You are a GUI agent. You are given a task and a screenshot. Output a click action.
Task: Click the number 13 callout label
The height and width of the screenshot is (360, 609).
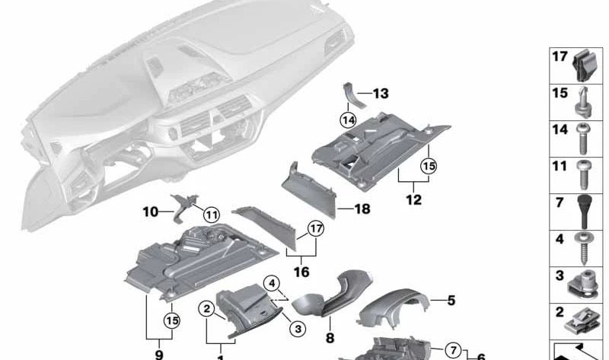point(380,94)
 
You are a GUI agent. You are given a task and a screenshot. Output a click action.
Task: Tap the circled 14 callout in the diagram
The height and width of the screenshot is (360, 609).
point(348,119)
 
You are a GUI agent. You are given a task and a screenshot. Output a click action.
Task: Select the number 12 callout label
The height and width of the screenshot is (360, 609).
point(413,201)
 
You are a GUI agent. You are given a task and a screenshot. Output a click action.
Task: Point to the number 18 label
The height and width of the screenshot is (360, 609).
point(362,209)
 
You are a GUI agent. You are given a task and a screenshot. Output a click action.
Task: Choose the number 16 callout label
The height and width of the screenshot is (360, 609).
point(301,272)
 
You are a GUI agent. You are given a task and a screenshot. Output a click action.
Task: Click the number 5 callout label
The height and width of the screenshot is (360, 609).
point(451,301)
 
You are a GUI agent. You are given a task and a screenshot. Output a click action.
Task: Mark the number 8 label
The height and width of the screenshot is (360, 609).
point(330,337)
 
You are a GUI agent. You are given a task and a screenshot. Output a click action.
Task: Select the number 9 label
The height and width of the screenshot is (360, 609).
point(159,354)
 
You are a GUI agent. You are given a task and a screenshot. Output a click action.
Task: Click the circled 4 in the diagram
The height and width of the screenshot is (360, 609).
point(272,285)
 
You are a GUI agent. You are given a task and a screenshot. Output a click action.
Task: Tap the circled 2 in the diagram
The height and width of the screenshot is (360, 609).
point(206,308)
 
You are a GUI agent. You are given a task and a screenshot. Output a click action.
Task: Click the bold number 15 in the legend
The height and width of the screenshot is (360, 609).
point(560,93)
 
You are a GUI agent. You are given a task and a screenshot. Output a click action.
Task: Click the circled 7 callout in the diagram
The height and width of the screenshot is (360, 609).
point(454,350)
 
